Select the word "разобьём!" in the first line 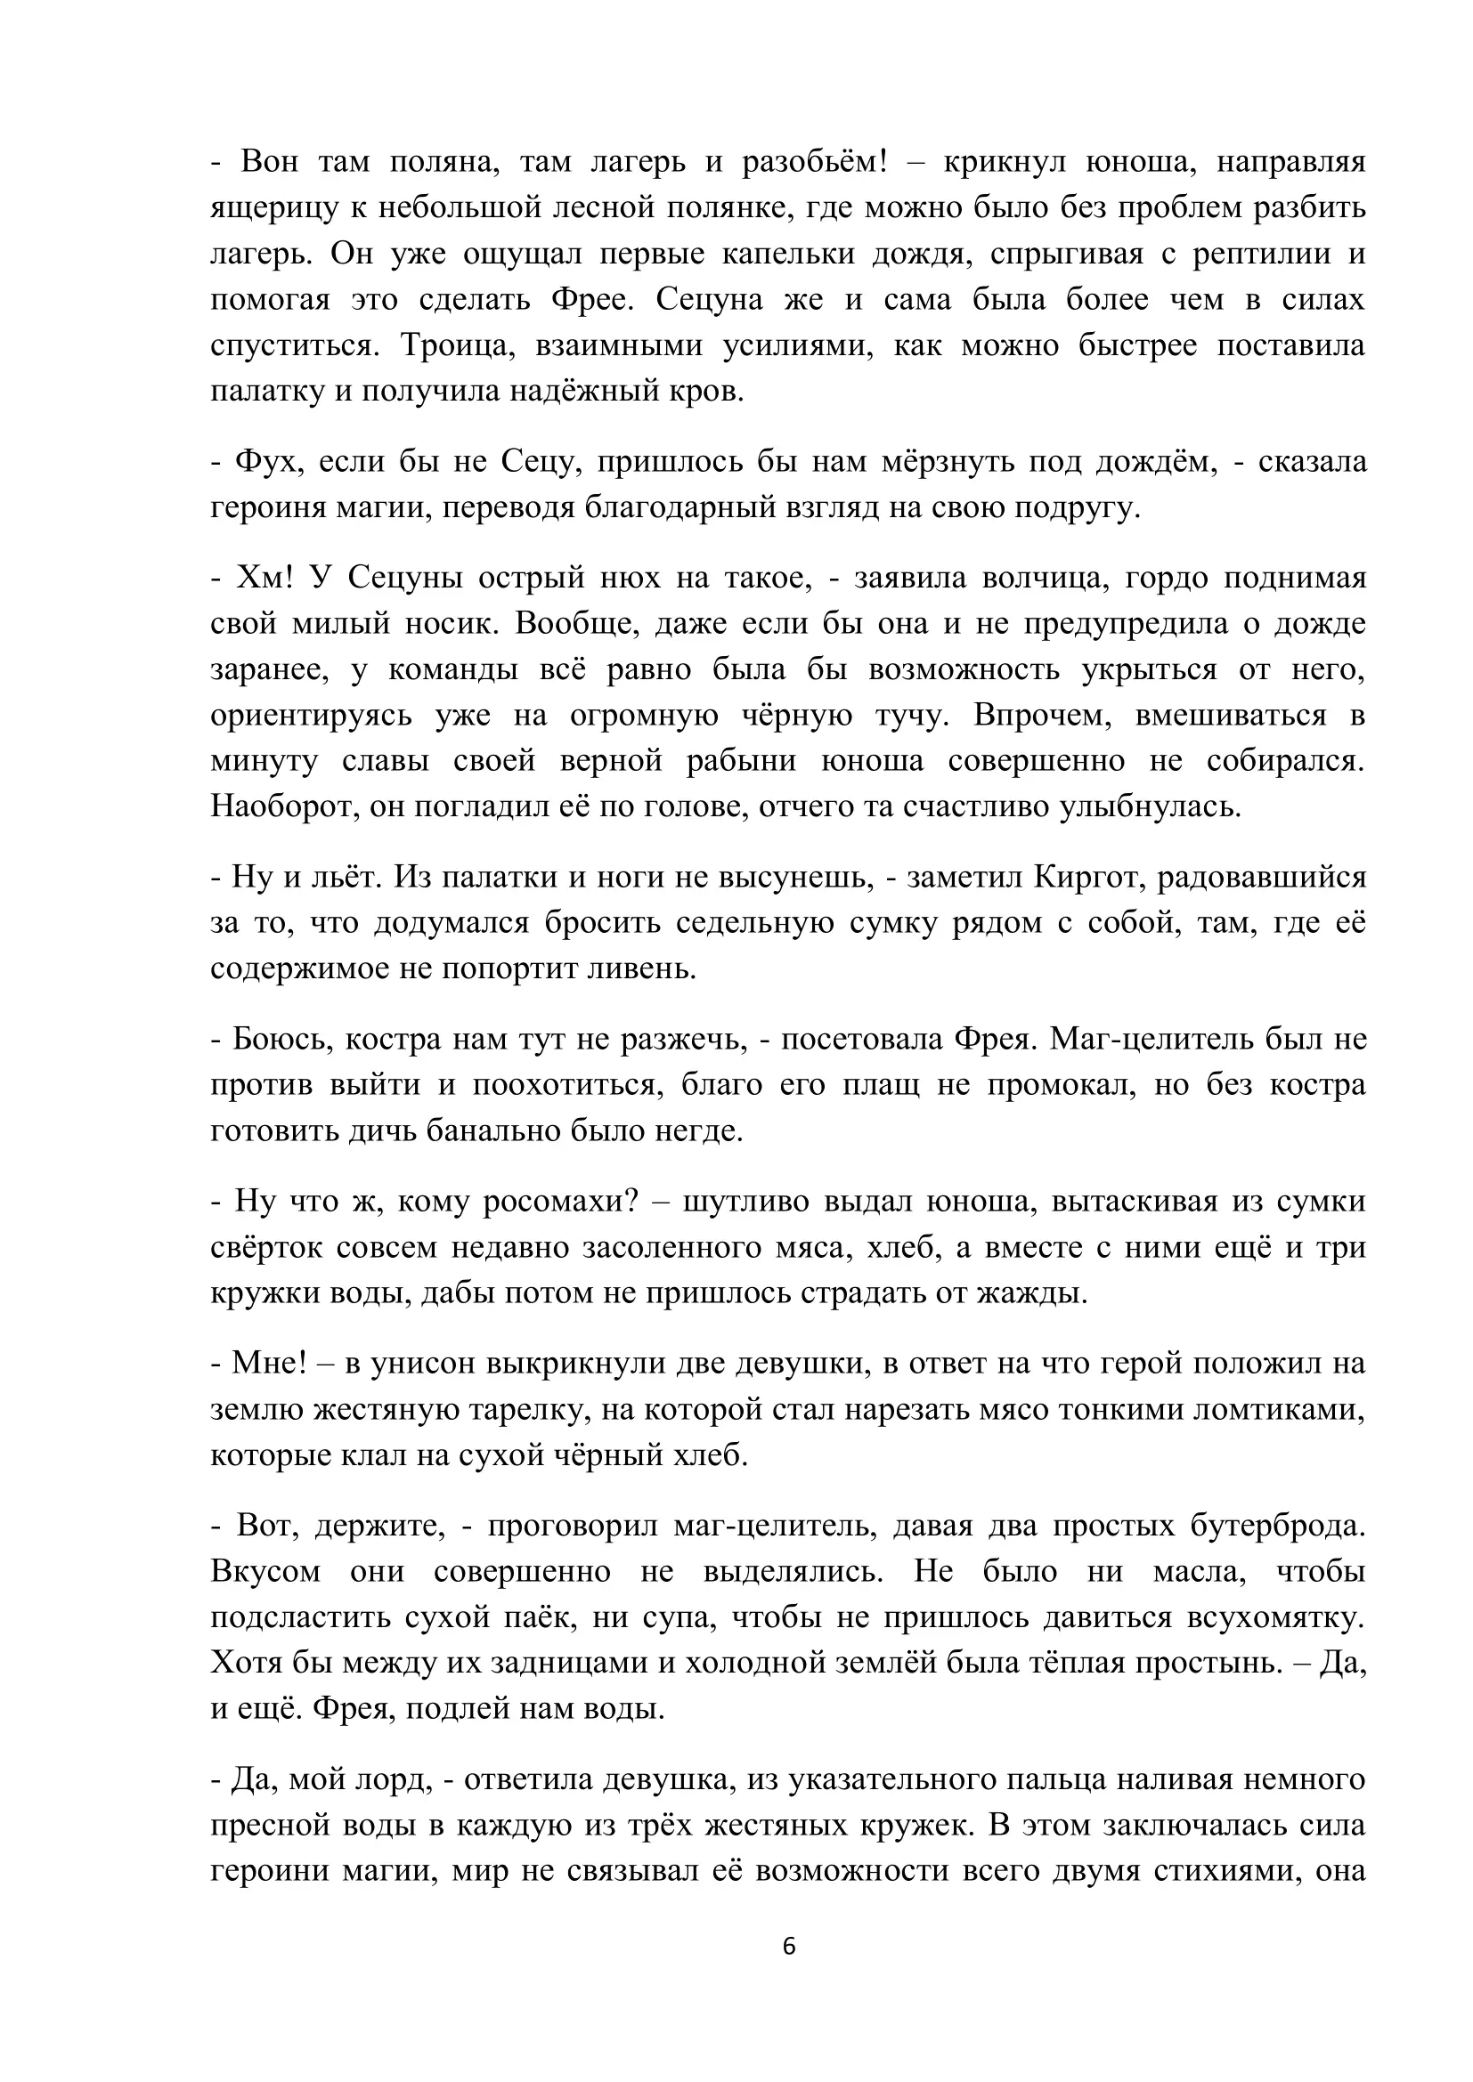pos(815,162)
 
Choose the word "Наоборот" pos(282,806)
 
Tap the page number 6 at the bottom pos(788,1947)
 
